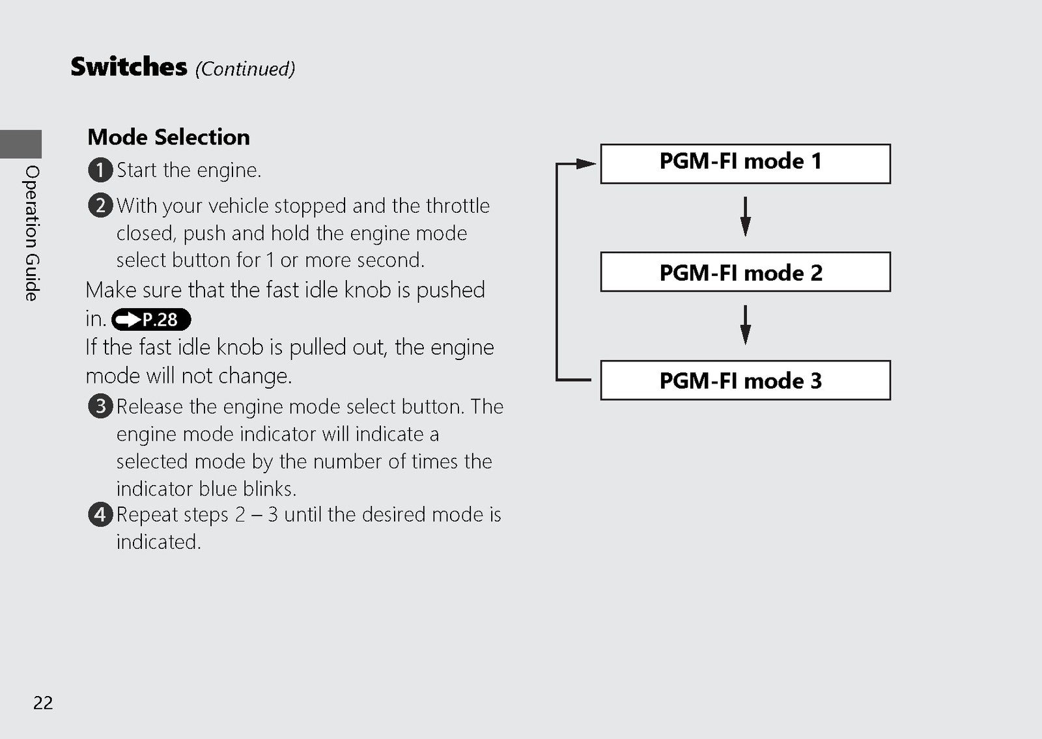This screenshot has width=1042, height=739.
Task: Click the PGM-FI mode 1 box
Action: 745,163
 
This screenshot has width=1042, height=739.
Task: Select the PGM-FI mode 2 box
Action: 745,272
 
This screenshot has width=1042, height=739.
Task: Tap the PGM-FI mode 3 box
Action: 745,380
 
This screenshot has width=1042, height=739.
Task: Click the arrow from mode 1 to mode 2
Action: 745,217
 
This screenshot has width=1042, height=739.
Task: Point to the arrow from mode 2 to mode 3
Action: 745,325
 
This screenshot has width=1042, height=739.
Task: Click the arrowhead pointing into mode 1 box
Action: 586,163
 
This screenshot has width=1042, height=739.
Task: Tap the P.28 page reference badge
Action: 151,320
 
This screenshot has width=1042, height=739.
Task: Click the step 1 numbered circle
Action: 100,170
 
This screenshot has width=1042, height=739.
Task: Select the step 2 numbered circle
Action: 100,206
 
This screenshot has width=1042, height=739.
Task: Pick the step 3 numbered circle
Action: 100,406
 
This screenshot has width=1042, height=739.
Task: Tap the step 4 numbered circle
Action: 100,515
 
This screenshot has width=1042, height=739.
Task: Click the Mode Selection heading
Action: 169,137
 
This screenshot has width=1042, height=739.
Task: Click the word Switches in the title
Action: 129,66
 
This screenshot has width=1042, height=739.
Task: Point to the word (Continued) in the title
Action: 245,69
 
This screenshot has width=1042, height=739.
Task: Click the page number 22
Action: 43,703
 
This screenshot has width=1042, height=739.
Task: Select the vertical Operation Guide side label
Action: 32,233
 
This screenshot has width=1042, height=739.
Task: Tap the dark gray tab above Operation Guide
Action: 20,144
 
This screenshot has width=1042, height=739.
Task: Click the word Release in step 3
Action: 149,407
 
